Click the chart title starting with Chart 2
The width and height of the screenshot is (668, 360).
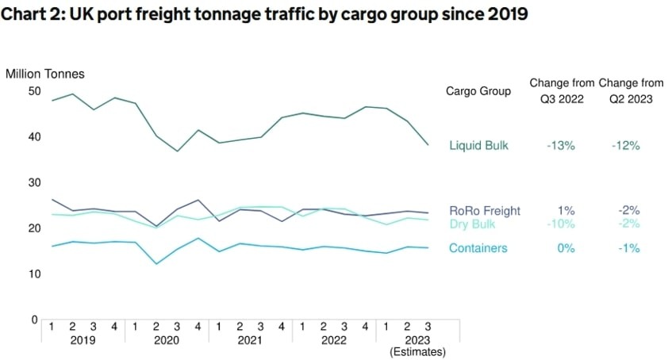click(266, 14)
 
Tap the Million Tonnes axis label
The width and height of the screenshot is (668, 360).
click(44, 74)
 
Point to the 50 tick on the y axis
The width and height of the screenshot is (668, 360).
click(34, 90)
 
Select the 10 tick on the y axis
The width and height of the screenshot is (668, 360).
click(34, 274)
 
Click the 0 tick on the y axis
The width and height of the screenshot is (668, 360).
click(34, 320)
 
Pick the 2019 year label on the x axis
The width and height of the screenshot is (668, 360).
click(83, 339)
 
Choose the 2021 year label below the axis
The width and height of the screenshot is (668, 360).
click(251, 339)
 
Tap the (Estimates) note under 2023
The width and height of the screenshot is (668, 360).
click(418, 351)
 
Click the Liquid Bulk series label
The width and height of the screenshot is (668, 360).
click(478, 145)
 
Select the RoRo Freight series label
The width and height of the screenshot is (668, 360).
click(485, 210)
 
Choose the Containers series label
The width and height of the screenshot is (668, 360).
click(478, 248)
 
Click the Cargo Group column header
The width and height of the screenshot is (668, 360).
click(478, 91)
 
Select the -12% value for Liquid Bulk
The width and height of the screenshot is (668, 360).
click(625, 145)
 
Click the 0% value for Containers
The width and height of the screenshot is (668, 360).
click(565, 248)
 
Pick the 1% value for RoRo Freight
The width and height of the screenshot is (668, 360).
click(565, 210)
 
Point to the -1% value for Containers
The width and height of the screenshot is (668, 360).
click(628, 248)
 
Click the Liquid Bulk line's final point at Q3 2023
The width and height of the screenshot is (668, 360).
click(428, 144)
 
